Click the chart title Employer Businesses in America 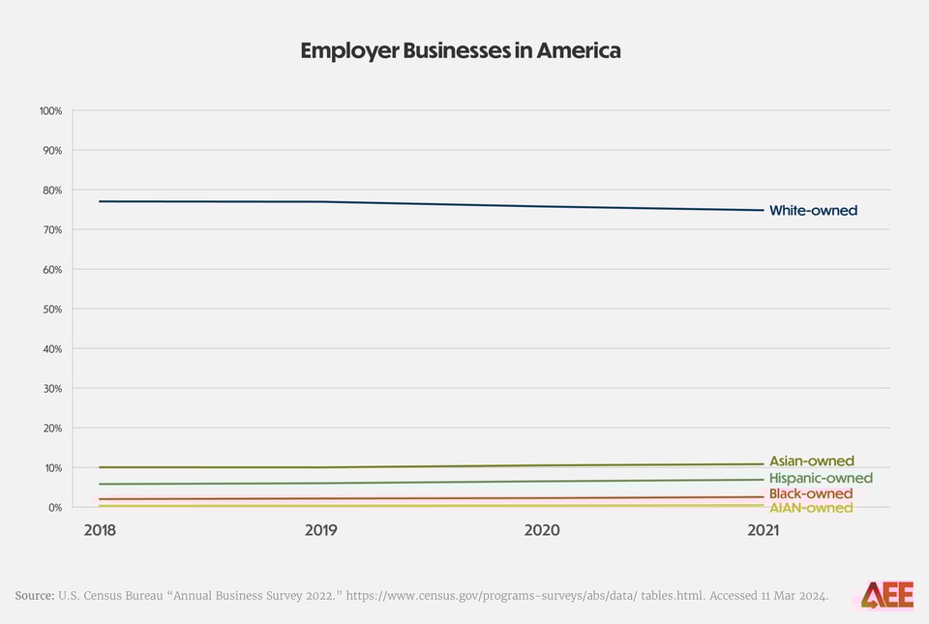[461, 50]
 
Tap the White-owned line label [813, 210]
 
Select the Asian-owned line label [811, 461]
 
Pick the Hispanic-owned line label [821, 478]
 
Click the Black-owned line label [810, 494]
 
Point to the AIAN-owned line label [810, 508]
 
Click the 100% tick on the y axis [50, 111]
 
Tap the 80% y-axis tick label [52, 191]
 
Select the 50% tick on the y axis [52, 310]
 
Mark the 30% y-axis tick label [52, 389]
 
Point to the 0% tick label [54, 508]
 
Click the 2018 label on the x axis [101, 531]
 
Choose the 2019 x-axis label [320, 531]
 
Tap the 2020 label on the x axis [541, 531]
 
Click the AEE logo [887, 595]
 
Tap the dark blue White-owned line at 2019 [320, 201]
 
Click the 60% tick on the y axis [52, 270]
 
